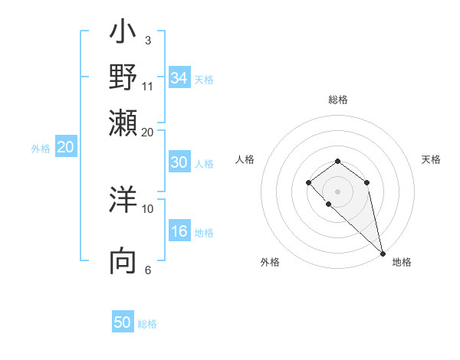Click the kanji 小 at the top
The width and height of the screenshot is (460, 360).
tap(123, 34)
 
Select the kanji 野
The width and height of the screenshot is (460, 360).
tap(123, 77)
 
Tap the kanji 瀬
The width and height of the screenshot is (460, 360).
tap(123, 122)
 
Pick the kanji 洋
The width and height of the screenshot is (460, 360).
tap(123, 200)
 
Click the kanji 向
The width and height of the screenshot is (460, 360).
tap(123, 260)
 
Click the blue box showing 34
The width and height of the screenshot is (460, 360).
tap(179, 78)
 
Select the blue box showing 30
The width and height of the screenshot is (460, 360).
tap(179, 162)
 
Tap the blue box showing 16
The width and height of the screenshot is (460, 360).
tap(179, 232)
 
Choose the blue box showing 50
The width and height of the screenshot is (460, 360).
tap(123, 322)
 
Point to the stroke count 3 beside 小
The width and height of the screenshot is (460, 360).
tap(148, 39)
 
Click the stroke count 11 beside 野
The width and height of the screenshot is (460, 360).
tap(148, 85)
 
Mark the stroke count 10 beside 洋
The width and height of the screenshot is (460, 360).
tap(148, 208)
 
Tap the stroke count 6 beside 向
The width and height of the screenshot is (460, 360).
tap(148, 269)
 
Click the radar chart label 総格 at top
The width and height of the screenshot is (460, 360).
tap(337, 100)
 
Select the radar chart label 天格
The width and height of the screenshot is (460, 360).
tap(431, 159)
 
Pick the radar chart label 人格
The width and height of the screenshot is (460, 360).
tap(245, 159)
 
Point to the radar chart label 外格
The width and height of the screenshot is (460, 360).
tap(270, 262)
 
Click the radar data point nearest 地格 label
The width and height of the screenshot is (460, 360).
tap(383, 254)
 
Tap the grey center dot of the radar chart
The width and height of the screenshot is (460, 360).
tap(337, 191)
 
